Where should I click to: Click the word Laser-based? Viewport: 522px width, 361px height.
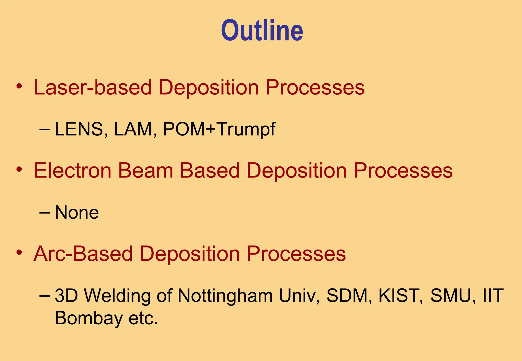(93, 87)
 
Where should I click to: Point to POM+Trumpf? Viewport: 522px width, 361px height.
(219, 130)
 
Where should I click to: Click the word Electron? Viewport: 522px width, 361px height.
(73, 171)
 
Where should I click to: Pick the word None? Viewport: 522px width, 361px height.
(77, 212)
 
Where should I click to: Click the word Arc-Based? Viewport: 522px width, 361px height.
(83, 254)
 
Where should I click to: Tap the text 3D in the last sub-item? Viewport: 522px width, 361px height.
(66, 296)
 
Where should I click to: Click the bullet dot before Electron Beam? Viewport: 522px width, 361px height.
(19, 169)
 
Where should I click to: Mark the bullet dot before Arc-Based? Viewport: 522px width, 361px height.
(19, 253)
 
